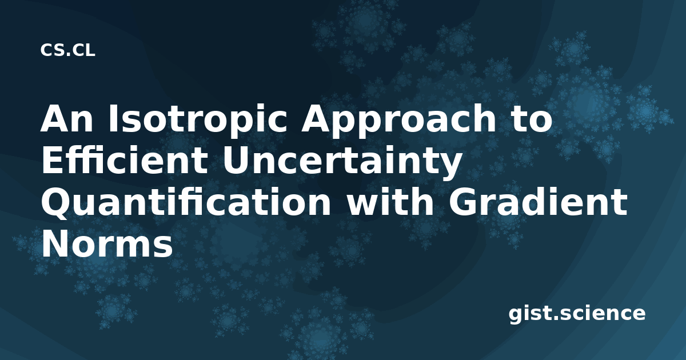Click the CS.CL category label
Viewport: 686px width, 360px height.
pos(67,50)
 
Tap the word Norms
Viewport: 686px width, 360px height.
pos(107,243)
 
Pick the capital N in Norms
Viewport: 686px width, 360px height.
pos(57,243)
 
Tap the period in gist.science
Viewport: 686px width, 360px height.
pos(555,318)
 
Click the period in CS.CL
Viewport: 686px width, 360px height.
pos(67,55)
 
